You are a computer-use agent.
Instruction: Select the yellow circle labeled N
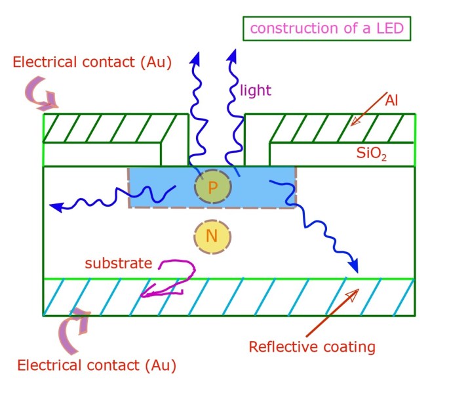212,236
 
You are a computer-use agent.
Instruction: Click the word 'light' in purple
256,90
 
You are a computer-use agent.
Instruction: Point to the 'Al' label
393,100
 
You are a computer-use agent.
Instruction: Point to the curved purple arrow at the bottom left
77,327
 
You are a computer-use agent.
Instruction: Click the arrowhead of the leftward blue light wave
56,207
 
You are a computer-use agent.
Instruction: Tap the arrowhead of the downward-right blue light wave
354,266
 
